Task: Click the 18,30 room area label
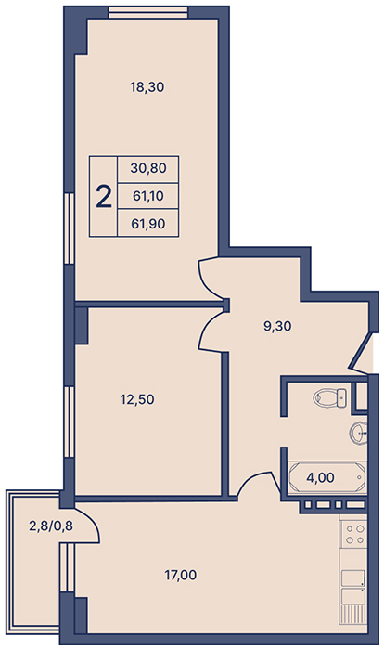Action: (147, 87)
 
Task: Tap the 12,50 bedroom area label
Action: (137, 399)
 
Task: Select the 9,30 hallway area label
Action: (277, 326)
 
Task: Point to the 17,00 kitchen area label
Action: (181, 575)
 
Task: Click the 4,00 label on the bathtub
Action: (320, 477)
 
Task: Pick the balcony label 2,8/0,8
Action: (51, 526)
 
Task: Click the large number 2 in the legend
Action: (104, 197)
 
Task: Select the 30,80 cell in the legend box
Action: (147, 168)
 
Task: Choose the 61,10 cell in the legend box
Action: (147, 196)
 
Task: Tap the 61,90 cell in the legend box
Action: (147, 224)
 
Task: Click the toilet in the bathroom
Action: (330, 396)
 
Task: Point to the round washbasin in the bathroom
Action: (358, 434)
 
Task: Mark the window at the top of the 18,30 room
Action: (148, 13)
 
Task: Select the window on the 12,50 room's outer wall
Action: (70, 422)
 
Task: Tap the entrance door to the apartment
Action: (360, 355)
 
